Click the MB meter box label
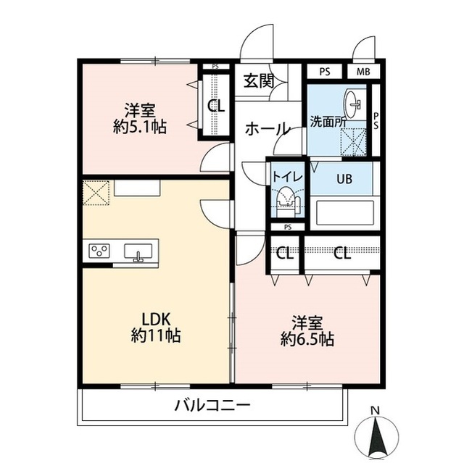click(363, 72)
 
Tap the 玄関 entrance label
click(259, 80)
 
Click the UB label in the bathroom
click(345, 178)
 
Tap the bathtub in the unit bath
click(345, 212)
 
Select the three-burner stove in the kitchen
click(99, 251)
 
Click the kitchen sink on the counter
click(138, 251)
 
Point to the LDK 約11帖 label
click(156, 328)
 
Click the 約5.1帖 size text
click(139, 127)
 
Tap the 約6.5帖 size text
click(307, 339)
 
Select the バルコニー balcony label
click(212, 405)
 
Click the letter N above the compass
click(376, 410)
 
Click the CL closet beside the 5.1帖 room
click(216, 106)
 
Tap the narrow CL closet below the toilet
click(285, 254)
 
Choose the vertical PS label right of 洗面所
click(376, 121)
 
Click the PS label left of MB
click(325, 72)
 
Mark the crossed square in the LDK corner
click(96, 193)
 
